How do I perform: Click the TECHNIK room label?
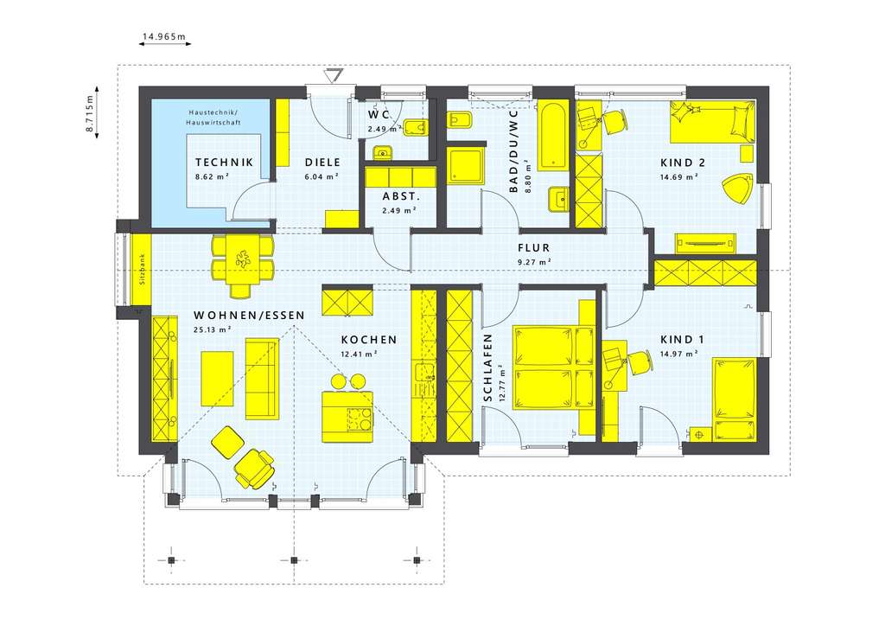[224, 162]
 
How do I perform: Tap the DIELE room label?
[321, 162]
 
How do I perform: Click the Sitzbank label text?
[142, 270]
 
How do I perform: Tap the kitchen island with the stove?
[347, 414]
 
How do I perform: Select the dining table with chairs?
[243, 259]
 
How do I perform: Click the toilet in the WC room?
[417, 128]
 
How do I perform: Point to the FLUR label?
[533, 247]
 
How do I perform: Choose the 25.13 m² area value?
[213, 329]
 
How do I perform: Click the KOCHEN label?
[368, 340]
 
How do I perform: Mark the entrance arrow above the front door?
[332, 77]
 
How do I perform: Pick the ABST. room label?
[399, 195]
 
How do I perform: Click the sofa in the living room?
[263, 377]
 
